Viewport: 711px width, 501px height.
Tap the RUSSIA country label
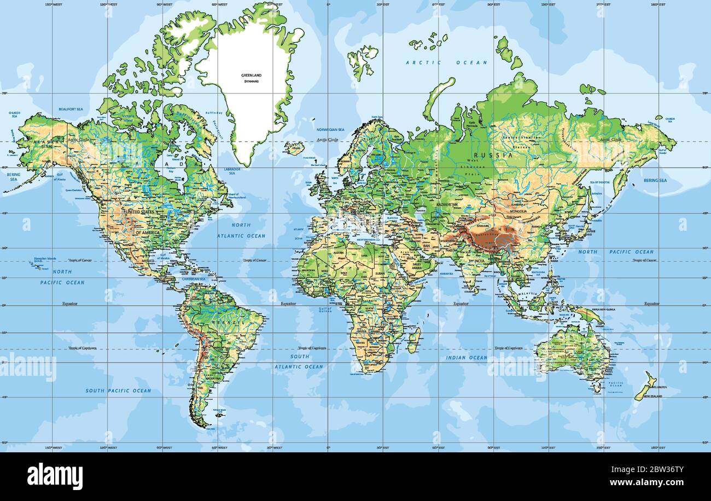click(x=497, y=155)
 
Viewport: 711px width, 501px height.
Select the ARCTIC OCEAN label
click(x=446, y=63)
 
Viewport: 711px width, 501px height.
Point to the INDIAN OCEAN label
click(x=467, y=358)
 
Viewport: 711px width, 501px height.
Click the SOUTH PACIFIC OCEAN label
click(x=118, y=391)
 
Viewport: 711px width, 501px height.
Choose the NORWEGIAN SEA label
click(x=331, y=130)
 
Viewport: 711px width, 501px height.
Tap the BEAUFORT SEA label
click(x=71, y=109)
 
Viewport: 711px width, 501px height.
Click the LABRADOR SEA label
click(x=231, y=171)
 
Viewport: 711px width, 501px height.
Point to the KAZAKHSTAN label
click(x=447, y=204)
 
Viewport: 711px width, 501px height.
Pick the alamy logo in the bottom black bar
click(x=55, y=476)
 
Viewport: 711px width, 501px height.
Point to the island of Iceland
click(x=294, y=148)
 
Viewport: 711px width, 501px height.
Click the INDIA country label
click(x=479, y=261)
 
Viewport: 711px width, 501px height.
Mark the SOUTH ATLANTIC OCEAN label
click(x=299, y=362)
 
